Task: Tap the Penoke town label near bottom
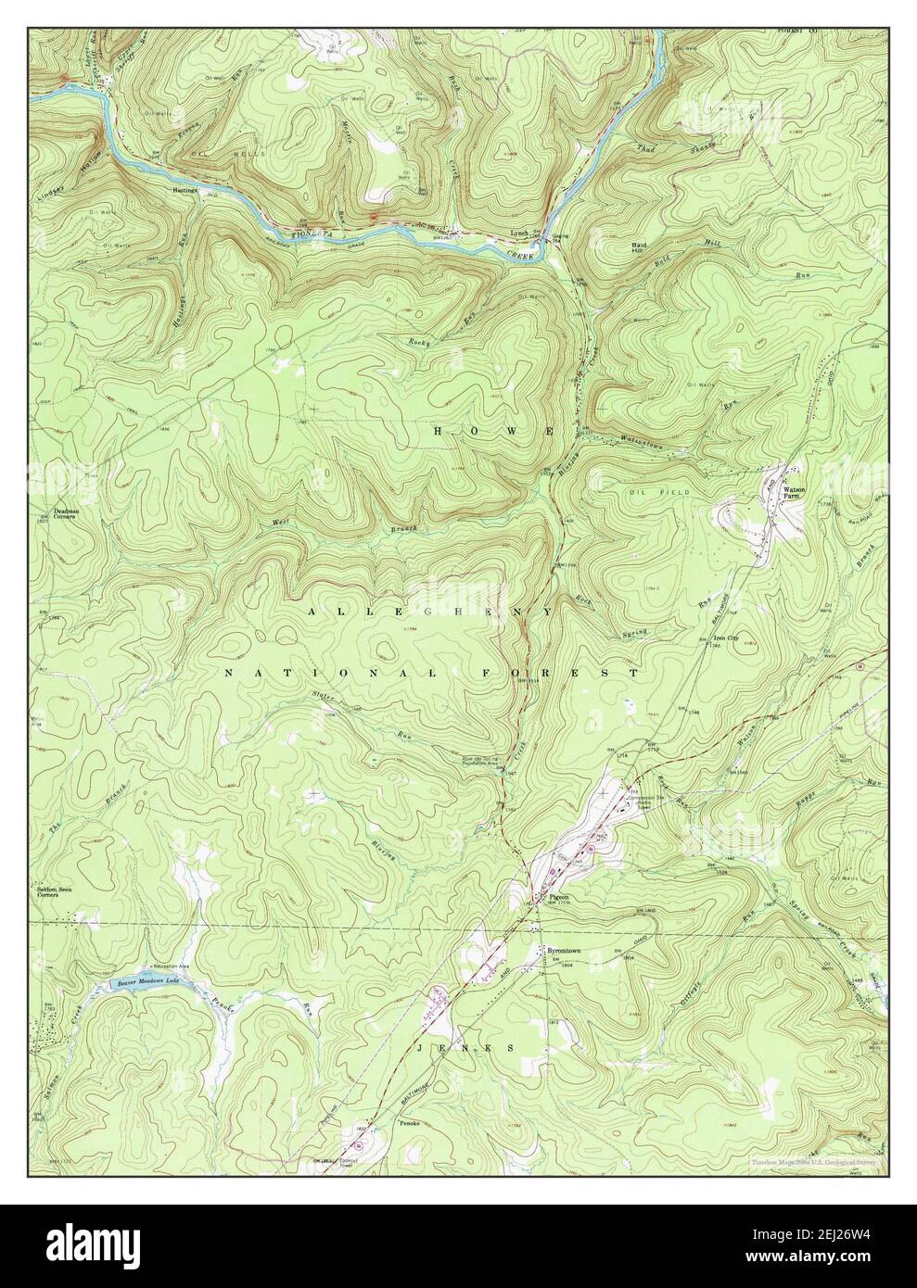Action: click(411, 1123)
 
